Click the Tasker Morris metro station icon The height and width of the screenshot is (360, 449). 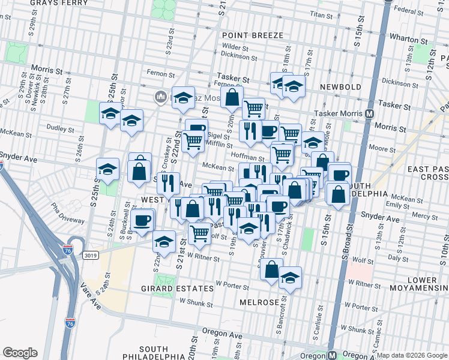click(x=370, y=113)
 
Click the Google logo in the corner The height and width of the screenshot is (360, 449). click(x=20, y=353)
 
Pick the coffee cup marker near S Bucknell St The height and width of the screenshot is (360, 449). click(x=142, y=220)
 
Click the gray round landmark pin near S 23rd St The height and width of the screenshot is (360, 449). click(x=161, y=97)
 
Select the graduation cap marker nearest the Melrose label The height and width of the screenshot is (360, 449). click(x=291, y=277)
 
